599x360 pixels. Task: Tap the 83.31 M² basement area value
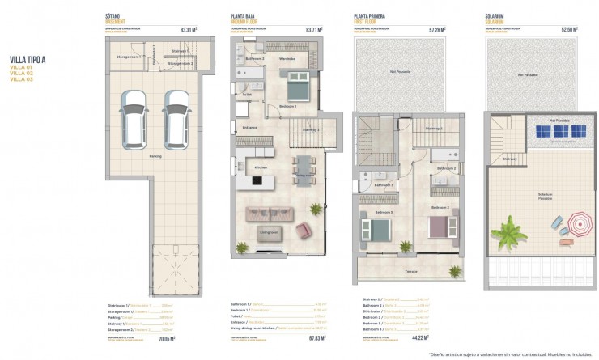[189, 30]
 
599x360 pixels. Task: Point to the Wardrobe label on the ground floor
[287, 58]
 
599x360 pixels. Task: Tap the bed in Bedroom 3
[380, 222]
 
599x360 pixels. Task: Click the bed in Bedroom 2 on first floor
[441, 221]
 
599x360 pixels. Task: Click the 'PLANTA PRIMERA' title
[373, 16]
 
